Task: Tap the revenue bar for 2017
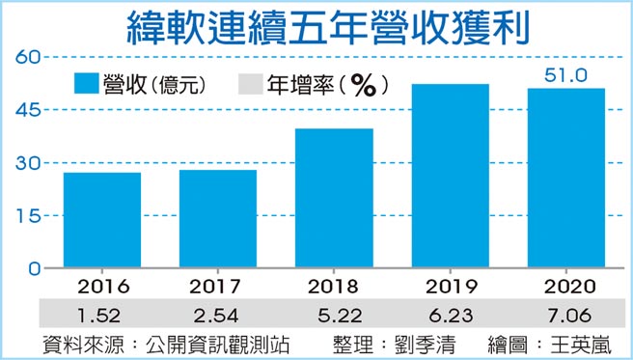coord(219,219)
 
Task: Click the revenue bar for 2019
coord(450,176)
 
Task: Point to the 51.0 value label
coord(566,74)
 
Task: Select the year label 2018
coord(335,287)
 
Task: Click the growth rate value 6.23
coord(450,313)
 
